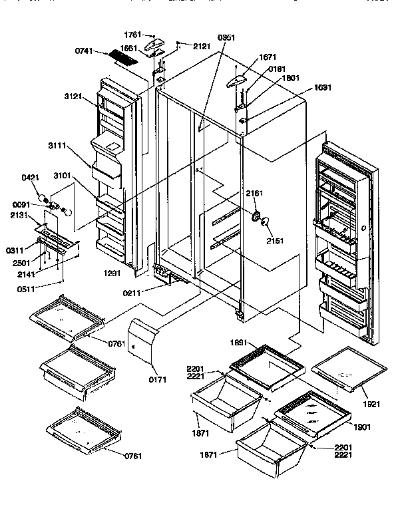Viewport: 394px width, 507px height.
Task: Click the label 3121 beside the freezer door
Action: [x=74, y=96]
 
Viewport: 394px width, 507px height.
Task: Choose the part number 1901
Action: [x=363, y=426]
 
